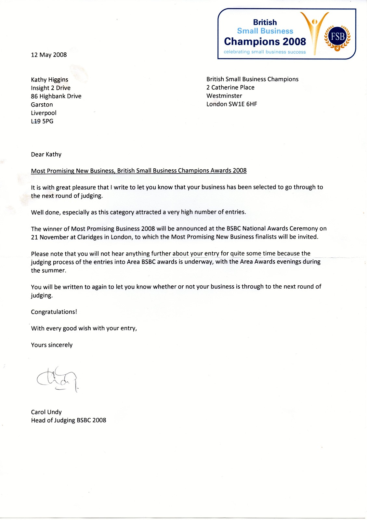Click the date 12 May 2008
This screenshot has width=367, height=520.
[x=49, y=55]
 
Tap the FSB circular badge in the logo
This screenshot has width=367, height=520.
[x=337, y=36]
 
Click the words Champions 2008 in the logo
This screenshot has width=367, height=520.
[x=265, y=42]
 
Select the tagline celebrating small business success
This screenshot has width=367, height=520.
[x=265, y=52]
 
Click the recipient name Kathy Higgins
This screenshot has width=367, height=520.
[x=49, y=80]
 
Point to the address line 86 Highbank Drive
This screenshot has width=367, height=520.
[x=56, y=96]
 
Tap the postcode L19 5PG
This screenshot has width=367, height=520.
[x=42, y=121]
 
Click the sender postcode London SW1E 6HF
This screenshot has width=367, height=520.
[x=231, y=104]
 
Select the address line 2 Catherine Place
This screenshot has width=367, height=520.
[x=230, y=87]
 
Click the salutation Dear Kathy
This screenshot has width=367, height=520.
[x=46, y=154]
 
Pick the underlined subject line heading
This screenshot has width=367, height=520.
[x=138, y=171]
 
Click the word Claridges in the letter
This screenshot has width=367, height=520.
[x=90, y=237]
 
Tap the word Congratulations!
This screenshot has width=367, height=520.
[x=54, y=312]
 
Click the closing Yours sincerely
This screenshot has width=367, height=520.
[x=52, y=345]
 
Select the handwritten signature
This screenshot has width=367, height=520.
[x=58, y=379]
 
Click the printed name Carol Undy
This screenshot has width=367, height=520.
[x=46, y=412]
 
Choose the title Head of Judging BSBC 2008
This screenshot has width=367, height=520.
[x=68, y=420]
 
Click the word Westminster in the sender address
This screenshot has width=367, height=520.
[x=224, y=96]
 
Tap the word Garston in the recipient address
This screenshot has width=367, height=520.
[x=42, y=105]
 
